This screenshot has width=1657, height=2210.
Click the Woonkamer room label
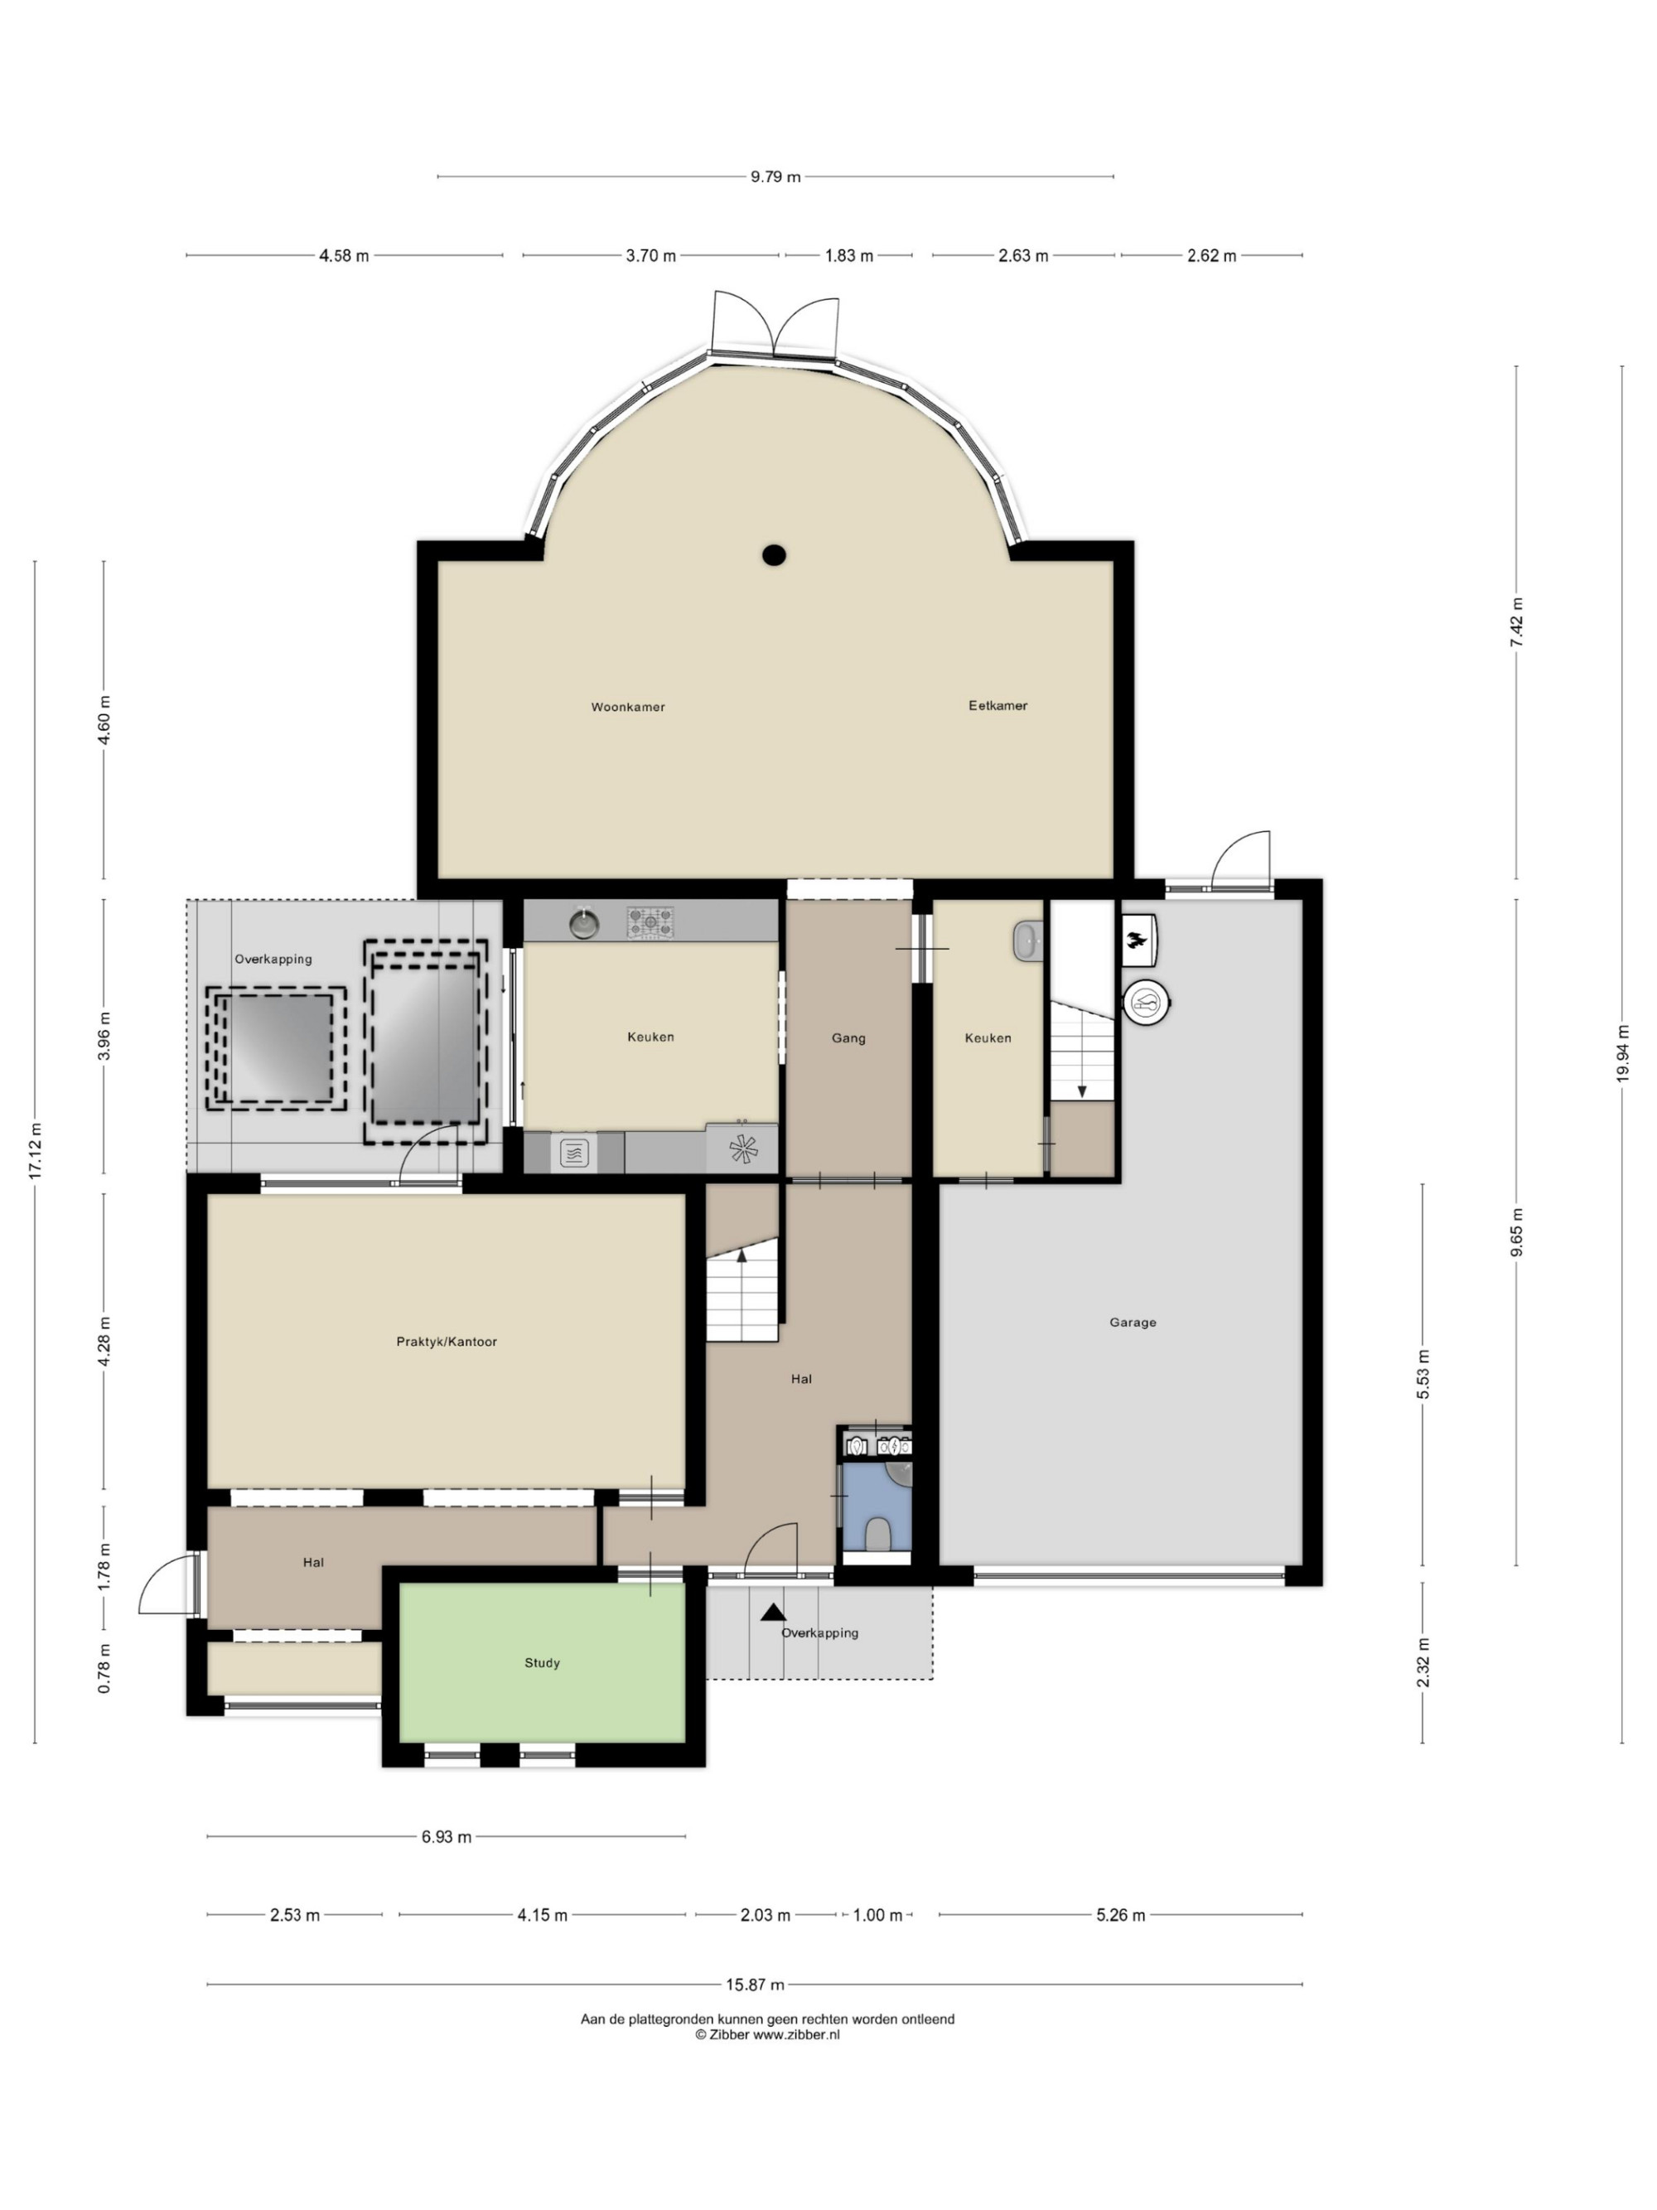(627, 706)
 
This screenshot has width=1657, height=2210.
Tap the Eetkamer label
(997, 705)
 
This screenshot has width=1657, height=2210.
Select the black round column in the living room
(774, 555)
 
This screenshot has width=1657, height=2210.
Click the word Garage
(1133, 1322)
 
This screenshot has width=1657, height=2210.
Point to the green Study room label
(543, 1662)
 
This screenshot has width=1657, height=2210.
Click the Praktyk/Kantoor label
(447, 1342)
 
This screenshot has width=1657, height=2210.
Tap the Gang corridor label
(848, 1038)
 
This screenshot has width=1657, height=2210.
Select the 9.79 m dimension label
(776, 177)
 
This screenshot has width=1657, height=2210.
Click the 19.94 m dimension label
(1623, 1053)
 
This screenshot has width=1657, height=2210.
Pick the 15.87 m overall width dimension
(755, 1985)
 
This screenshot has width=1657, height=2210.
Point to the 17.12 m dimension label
(36, 1152)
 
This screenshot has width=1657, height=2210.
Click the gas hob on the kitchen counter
(650, 922)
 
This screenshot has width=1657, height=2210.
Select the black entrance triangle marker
(773, 1612)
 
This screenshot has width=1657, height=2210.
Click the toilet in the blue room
(877, 1534)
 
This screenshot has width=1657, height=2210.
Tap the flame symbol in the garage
(1137, 939)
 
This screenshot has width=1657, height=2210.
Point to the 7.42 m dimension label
(1517, 622)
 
